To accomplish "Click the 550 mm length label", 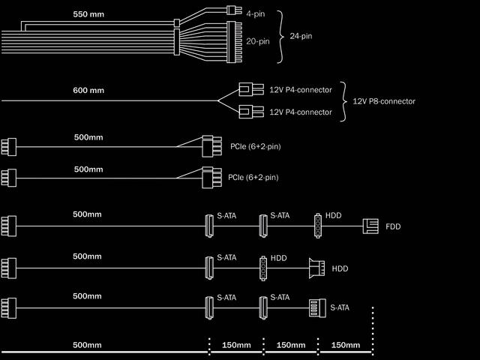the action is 88,14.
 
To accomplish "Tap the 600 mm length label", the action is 88,90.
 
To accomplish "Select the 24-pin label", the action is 301,36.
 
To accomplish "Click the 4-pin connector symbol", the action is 234,10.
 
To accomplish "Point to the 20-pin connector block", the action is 234,42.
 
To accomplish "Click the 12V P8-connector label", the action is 384,101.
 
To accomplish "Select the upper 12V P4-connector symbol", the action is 251,89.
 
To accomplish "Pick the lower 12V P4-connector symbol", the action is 251,112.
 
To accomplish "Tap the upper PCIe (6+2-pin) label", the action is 256,147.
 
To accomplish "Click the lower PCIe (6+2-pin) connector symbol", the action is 211,178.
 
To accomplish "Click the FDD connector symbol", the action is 370,226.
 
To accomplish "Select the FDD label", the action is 393,226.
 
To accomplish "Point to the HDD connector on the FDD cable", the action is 318,226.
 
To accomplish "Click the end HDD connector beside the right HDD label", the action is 316,268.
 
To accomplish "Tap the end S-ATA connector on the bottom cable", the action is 317,308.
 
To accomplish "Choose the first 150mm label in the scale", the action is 236,345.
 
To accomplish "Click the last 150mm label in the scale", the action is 346,345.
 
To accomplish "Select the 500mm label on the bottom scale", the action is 87,345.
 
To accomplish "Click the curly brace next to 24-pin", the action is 280,37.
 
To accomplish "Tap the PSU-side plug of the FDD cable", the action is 9,226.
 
